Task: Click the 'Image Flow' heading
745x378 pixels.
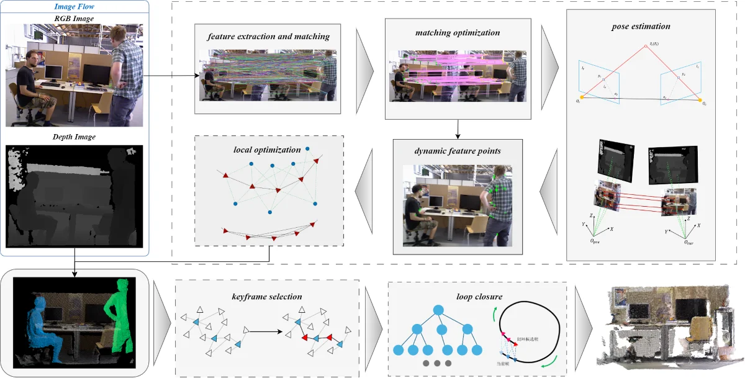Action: point(74,7)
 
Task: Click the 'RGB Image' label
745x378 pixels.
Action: point(74,19)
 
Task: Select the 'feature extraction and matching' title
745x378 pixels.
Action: point(268,37)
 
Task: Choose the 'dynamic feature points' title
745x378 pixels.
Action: point(458,151)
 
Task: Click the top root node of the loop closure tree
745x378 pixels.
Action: point(439,310)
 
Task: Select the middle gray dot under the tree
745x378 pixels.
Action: point(439,363)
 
